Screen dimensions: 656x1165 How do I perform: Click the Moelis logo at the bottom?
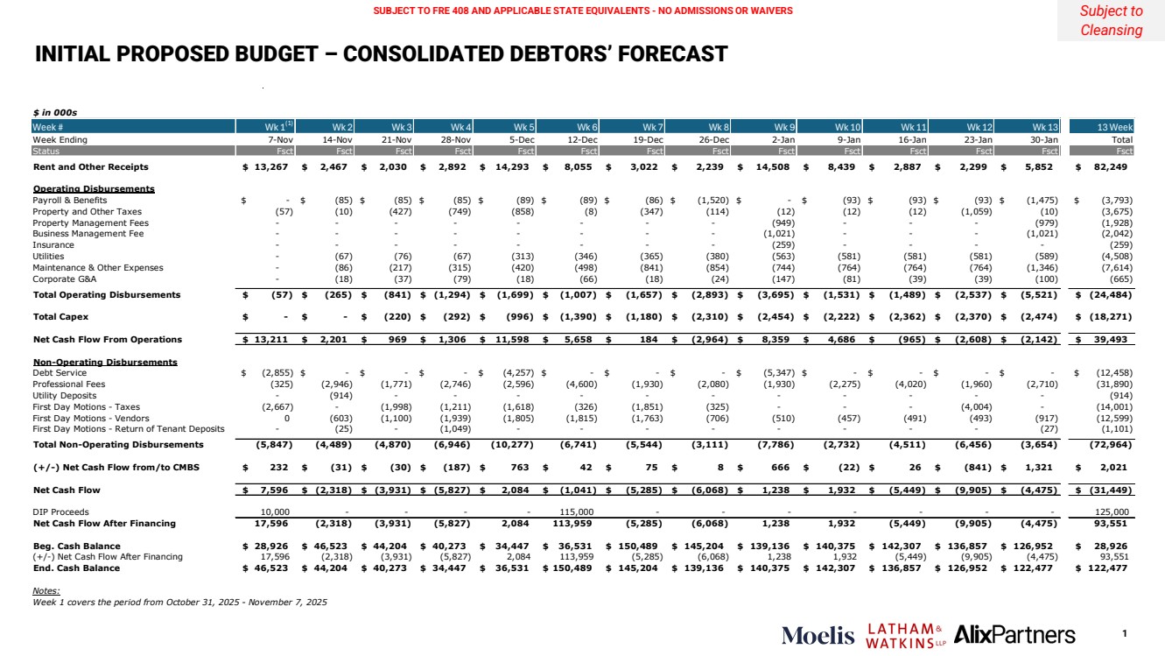click(818, 635)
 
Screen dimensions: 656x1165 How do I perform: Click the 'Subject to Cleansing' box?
click(1111, 21)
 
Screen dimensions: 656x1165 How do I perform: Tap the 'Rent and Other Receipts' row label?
click(90, 166)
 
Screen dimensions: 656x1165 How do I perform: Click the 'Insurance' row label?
click(53, 245)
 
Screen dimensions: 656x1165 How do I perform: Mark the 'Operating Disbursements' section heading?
click(94, 188)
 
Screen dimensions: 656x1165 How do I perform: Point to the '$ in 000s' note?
click(56, 113)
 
